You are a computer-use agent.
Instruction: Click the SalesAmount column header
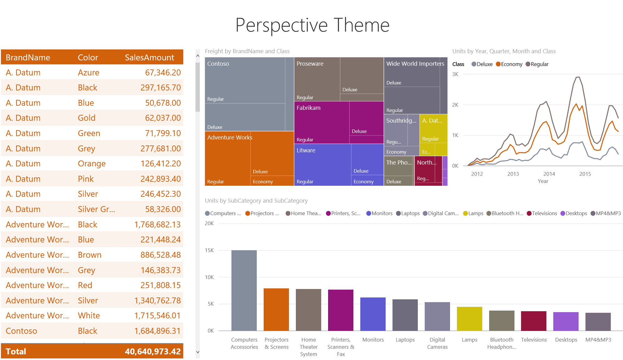coord(149,58)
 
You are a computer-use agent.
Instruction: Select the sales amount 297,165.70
coord(160,88)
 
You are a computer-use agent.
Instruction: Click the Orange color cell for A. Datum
coord(92,164)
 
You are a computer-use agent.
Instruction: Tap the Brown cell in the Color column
coord(89,255)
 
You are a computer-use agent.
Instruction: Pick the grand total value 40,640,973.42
coord(153,352)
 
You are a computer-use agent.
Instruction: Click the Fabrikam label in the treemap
coord(308,108)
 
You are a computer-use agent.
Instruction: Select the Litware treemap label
coord(306,150)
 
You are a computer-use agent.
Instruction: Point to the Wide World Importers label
coord(415,64)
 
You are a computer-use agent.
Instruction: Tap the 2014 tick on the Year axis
coord(549,174)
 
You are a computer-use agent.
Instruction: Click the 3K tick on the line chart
coord(455,74)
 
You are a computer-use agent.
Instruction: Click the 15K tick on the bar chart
coord(209,250)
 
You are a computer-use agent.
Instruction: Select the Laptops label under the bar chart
coord(405,340)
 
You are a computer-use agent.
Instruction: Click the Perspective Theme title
coord(312,25)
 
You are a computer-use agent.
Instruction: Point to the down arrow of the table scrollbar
coord(198,352)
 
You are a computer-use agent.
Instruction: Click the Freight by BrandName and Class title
coord(247,51)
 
